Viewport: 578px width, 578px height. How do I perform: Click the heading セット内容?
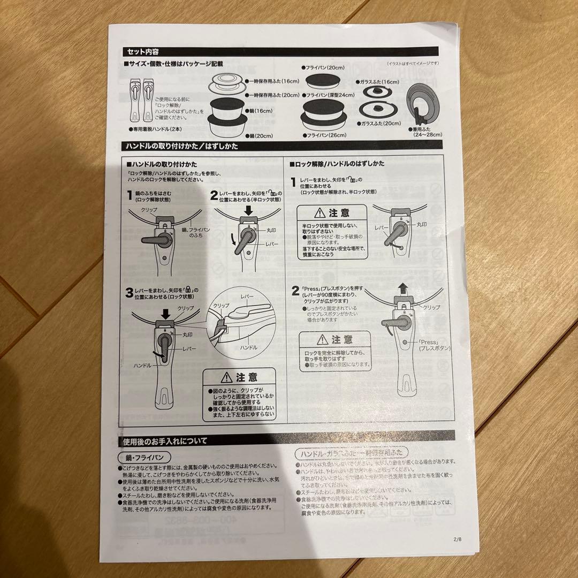tap(142, 52)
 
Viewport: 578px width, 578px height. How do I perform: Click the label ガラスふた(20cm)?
tap(382, 123)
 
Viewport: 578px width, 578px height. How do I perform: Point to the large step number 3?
tap(129, 293)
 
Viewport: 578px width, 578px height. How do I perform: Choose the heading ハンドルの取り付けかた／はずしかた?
tap(181, 146)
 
